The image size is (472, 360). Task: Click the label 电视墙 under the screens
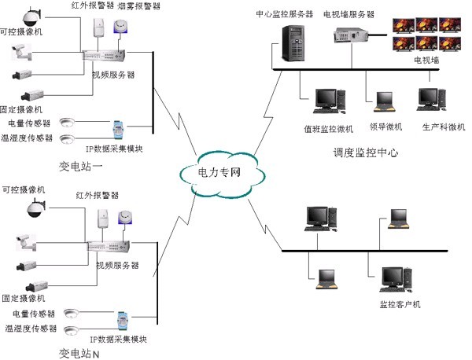point(427,60)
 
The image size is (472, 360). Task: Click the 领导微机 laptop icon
point(383,101)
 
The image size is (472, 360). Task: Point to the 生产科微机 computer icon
point(429,98)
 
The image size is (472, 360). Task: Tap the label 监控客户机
point(400,303)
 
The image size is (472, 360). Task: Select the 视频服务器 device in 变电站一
point(103,57)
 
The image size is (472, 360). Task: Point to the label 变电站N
point(79,353)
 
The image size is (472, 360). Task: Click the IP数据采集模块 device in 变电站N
point(122,321)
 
